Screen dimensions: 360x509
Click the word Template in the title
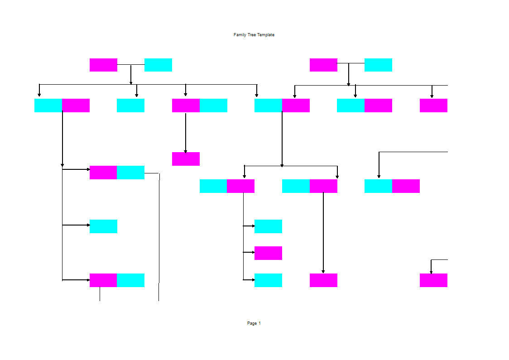(x=266, y=35)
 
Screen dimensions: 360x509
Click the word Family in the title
(x=240, y=35)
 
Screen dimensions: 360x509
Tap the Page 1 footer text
(x=254, y=323)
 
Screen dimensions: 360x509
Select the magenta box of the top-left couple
(x=103, y=65)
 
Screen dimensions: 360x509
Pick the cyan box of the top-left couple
(x=158, y=65)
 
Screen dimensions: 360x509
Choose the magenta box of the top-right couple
(x=323, y=65)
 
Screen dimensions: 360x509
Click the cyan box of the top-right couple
(x=378, y=65)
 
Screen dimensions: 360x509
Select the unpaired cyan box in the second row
(x=130, y=106)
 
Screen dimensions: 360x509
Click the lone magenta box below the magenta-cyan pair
(x=186, y=159)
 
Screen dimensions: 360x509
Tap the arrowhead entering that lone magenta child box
(x=186, y=151)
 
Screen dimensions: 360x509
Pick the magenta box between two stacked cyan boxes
(x=268, y=253)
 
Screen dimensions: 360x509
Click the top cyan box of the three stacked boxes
(x=268, y=226)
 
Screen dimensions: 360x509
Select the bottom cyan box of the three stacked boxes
(x=268, y=280)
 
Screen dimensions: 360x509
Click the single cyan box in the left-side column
(x=103, y=226)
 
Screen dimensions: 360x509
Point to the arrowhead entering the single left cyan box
(x=88, y=225)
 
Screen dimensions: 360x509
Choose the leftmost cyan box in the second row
(x=48, y=106)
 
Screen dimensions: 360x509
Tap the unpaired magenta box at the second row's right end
(x=433, y=106)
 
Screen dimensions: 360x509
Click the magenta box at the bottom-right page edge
(x=433, y=280)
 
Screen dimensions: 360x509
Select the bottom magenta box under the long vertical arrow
(x=323, y=280)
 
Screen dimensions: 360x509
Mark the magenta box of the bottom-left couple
(x=103, y=280)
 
